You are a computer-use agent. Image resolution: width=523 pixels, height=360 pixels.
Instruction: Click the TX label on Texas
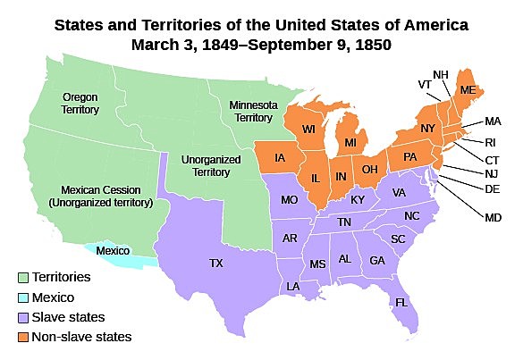[x=216, y=264]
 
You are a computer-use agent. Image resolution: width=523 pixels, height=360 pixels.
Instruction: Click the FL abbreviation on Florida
[x=401, y=303]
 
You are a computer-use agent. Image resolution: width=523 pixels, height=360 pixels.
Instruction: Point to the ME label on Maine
[x=467, y=89]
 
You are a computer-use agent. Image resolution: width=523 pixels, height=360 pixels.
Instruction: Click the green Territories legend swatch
[x=22, y=278]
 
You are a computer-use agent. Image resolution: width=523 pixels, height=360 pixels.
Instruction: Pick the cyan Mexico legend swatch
[x=22, y=297]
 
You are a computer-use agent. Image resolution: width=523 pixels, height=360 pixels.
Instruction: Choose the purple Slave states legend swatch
[x=22, y=317]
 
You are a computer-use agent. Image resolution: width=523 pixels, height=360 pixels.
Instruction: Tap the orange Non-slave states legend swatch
[x=22, y=337]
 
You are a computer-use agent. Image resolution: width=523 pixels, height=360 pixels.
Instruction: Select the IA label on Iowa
[x=281, y=158]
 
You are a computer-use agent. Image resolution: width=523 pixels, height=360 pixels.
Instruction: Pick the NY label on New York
[x=427, y=128]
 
